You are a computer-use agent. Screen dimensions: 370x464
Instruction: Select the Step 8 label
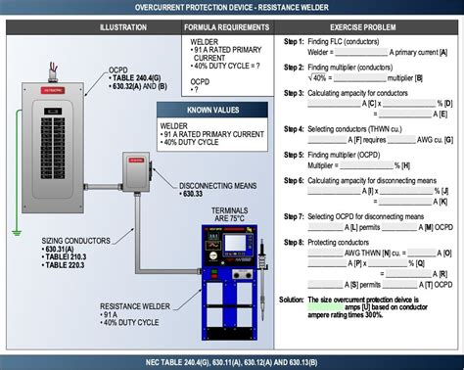tap(293, 241)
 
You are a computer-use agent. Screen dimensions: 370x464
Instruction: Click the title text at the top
tap(232, 8)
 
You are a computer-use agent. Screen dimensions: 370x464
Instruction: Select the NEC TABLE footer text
tap(232, 362)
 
